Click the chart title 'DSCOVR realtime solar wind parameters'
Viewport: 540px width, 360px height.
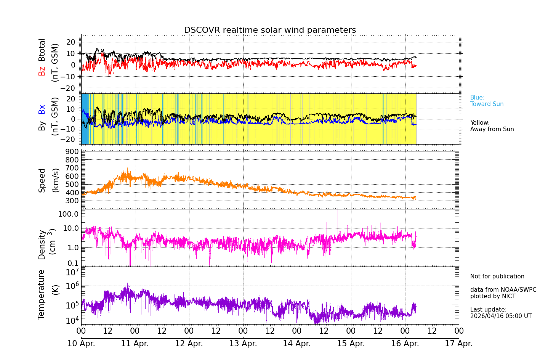[270, 30]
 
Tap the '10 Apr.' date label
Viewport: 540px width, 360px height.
[81, 343]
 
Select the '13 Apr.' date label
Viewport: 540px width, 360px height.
[243, 343]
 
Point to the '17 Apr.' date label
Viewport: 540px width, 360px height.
[459, 343]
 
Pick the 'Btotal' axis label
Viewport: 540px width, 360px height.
[42, 50]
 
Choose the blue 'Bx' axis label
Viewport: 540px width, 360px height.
[42, 109]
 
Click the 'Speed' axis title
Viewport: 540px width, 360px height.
[42, 180]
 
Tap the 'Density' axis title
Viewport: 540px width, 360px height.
[42, 244]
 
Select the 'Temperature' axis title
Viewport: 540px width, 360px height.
[42, 294]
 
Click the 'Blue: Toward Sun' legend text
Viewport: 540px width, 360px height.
[487, 101]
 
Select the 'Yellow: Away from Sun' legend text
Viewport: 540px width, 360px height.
[492, 126]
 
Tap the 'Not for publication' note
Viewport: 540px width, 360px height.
[497, 276]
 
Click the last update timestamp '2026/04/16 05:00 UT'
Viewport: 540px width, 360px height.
[500, 316]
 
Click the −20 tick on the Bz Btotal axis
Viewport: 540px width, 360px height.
[71, 88]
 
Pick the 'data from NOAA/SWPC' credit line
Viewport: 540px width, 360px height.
[503, 290]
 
